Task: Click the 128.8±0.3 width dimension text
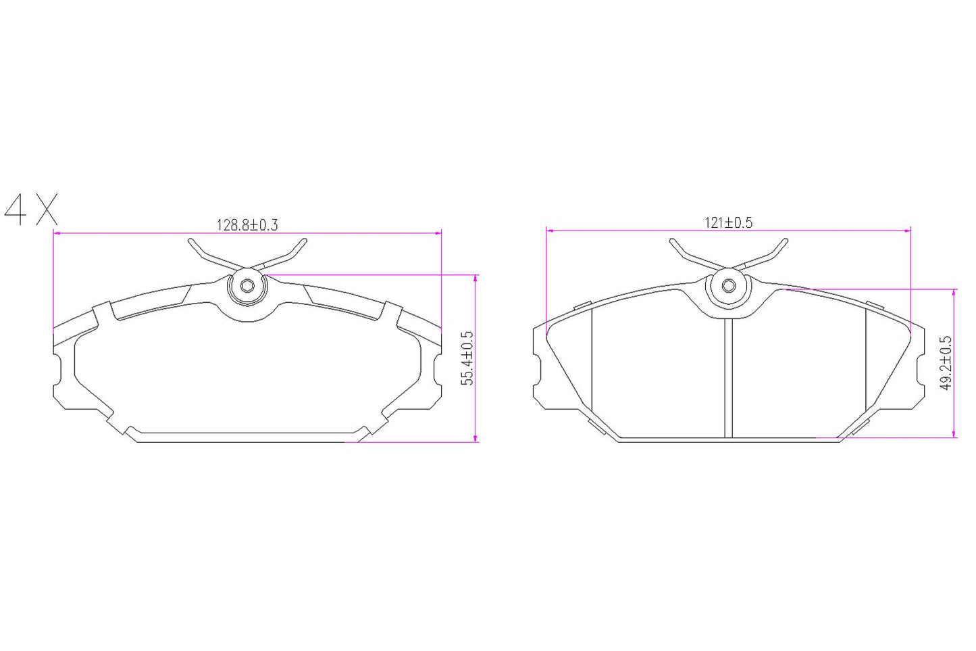(x=247, y=224)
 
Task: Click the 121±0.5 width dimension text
(x=728, y=222)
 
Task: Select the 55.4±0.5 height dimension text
(x=467, y=358)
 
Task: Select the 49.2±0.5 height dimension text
(x=946, y=363)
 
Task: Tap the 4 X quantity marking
(x=31, y=210)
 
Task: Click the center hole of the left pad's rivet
(x=247, y=286)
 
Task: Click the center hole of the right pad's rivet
(x=728, y=286)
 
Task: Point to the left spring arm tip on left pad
(x=192, y=241)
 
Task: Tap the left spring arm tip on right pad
(x=673, y=241)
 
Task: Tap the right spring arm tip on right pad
(x=785, y=241)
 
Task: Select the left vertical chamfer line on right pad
(x=592, y=365)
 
